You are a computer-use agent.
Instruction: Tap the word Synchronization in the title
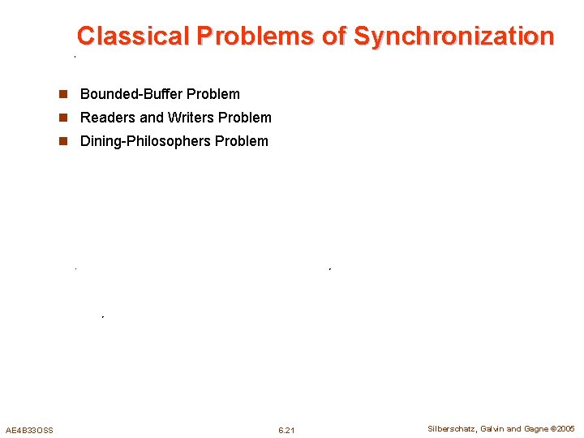[x=453, y=36]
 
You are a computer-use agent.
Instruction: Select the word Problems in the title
[x=256, y=36]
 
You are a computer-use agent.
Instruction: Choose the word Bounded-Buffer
[x=131, y=94]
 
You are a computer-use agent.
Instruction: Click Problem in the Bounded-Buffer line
[x=213, y=94]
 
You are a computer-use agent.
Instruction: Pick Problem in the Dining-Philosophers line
[x=242, y=141]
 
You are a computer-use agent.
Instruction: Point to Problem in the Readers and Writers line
[x=246, y=118]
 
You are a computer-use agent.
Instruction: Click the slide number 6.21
[x=286, y=430]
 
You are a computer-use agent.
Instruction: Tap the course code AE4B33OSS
[x=29, y=430]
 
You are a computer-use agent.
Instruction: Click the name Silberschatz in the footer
[x=452, y=429]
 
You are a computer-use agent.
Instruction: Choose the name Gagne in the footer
[x=535, y=429]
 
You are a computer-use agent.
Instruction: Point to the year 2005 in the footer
[x=565, y=429]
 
